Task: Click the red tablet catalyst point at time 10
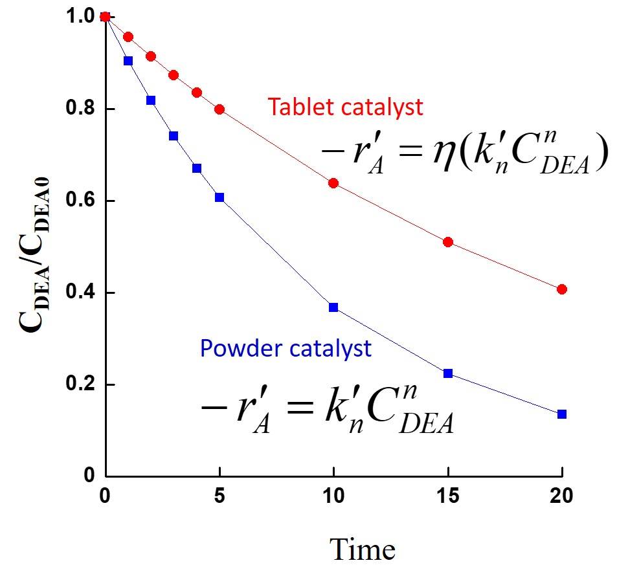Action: tap(333, 183)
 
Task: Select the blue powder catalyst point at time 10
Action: tap(333, 307)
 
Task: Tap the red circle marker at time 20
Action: tap(562, 289)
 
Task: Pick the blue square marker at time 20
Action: tap(562, 414)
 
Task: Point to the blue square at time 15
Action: tap(448, 373)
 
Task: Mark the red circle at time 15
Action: tap(448, 242)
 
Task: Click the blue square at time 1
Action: tap(128, 61)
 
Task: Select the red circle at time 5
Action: tap(219, 109)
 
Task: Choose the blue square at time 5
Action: tap(219, 197)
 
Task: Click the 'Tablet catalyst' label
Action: tap(345, 107)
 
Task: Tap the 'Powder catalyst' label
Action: tap(286, 349)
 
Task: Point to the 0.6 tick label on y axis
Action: tap(81, 199)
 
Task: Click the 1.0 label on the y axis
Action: tap(81, 16)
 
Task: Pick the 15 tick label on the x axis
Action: tap(448, 496)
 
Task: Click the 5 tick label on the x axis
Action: tap(219, 496)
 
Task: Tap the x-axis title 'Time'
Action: tap(363, 549)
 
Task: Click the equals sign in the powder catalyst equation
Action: tap(300, 408)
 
